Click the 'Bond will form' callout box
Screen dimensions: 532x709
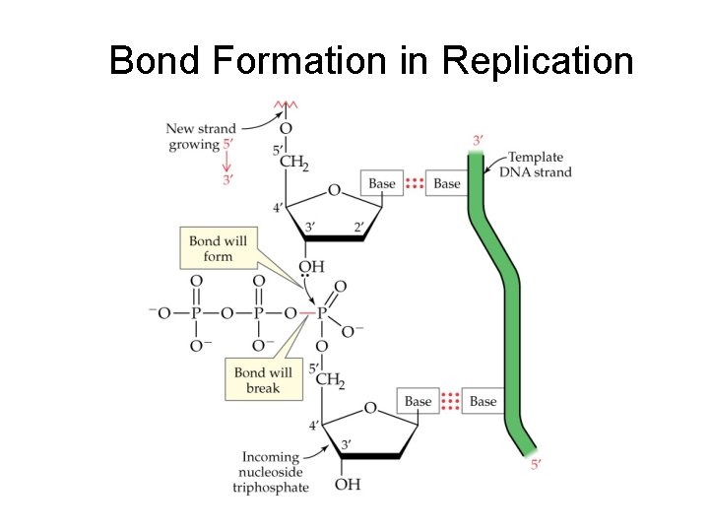pyautogui.click(x=218, y=248)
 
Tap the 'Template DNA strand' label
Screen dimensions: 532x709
pyautogui.click(x=539, y=165)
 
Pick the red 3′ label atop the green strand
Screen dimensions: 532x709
pyautogui.click(x=478, y=141)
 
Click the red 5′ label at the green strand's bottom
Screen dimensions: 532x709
pyautogui.click(x=537, y=464)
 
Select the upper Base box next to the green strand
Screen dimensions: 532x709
pyautogui.click(x=447, y=183)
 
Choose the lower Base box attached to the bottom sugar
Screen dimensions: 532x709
pyautogui.click(x=418, y=401)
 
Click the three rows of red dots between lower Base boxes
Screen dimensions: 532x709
pyautogui.click(x=450, y=401)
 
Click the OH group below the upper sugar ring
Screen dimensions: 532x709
pyautogui.click(x=311, y=266)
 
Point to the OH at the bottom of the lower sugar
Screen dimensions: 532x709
pyautogui.click(x=347, y=484)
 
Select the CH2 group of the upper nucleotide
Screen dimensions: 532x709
pyautogui.click(x=293, y=163)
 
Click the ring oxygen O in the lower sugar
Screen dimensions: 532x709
pyautogui.click(x=369, y=407)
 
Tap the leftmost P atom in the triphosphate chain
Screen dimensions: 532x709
pyautogui.click(x=196, y=313)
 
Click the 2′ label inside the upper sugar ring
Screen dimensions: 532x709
pyautogui.click(x=358, y=228)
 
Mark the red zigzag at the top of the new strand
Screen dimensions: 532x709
pyautogui.click(x=286, y=104)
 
